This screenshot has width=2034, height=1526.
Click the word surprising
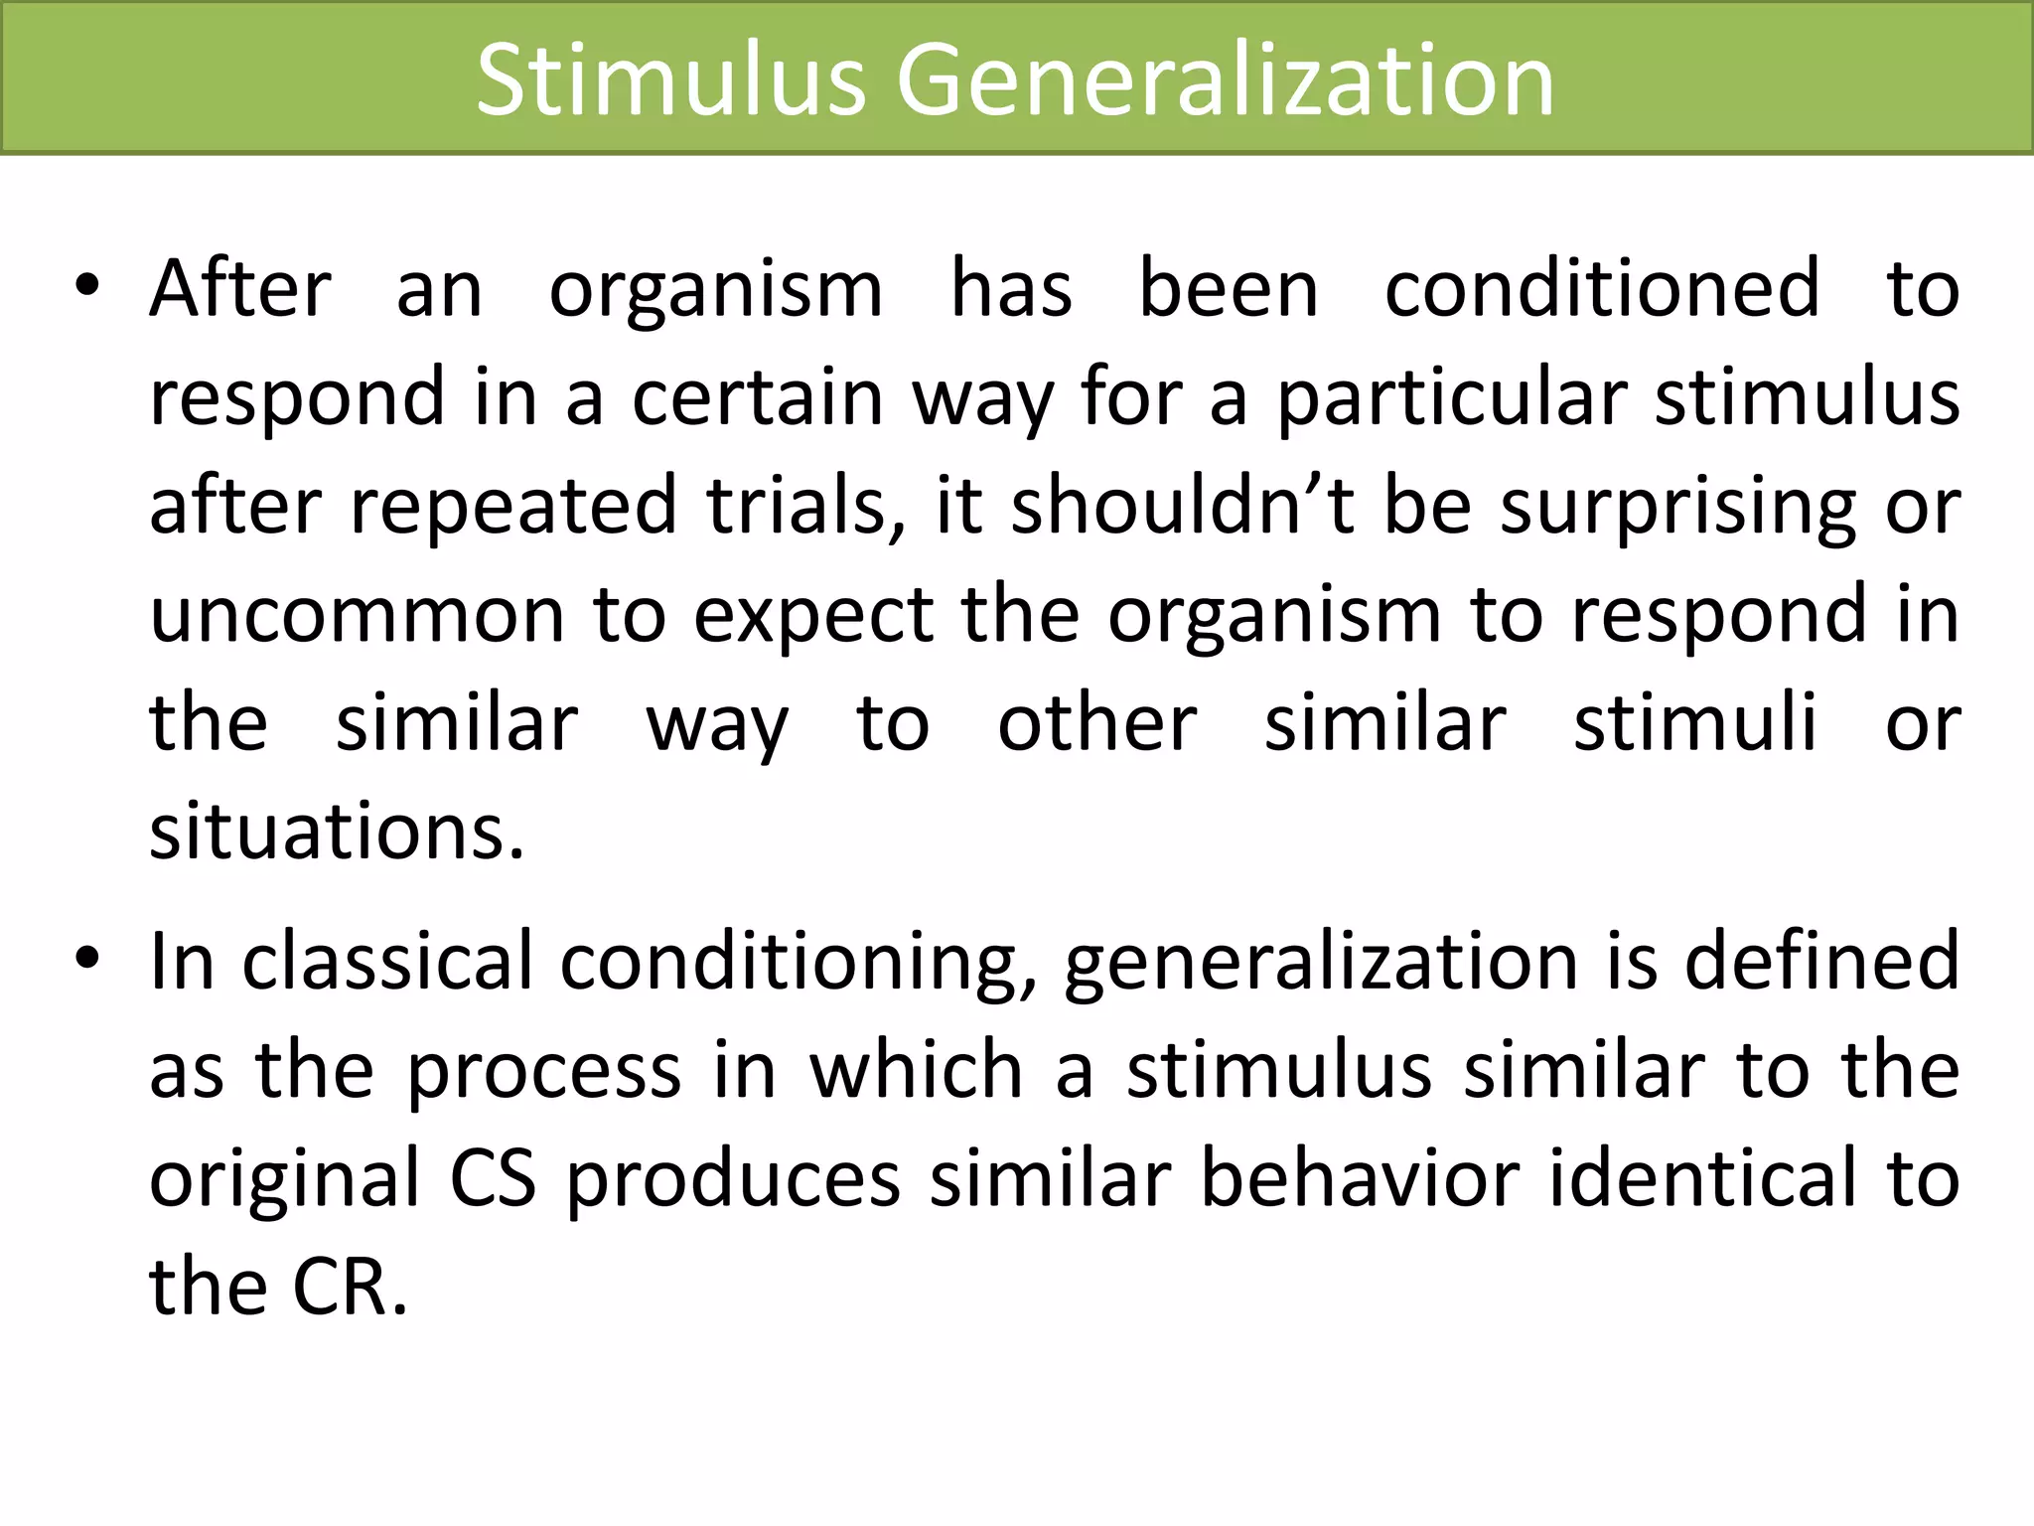pos(1676,507)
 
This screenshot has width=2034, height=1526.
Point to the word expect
pos(813,616)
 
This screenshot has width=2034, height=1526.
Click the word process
pos(544,1071)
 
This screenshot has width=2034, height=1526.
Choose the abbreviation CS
pos(493,1178)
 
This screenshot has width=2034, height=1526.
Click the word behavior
pos(1360,1178)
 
